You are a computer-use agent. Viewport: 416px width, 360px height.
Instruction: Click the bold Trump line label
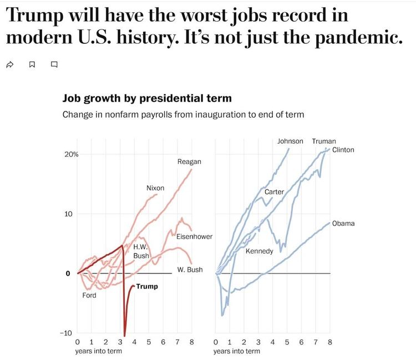point(147,286)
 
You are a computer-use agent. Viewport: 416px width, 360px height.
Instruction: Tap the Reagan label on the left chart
point(189,161)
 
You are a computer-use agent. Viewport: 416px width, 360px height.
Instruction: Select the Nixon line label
point(155,188)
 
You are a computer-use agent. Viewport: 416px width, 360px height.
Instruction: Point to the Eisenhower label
point(194,236)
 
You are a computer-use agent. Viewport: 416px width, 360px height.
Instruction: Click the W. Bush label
point(190,270)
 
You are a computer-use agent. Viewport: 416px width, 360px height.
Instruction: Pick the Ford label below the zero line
point(89,295)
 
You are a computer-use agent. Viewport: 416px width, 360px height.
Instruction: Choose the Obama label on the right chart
point(343,224)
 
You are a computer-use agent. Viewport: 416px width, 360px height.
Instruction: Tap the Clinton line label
point(343,150)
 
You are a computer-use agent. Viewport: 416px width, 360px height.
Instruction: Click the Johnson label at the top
point(290,141)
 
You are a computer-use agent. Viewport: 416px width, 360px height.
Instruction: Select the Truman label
point(324,141)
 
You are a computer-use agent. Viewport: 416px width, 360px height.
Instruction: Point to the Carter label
point(274,191)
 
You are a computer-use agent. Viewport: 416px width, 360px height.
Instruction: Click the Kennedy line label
point(260,251)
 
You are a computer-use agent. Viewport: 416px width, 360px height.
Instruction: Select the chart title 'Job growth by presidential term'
point(147,99)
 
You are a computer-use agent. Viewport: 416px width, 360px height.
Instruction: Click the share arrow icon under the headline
point(9,64)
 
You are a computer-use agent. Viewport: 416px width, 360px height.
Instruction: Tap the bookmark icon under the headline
point(32,64)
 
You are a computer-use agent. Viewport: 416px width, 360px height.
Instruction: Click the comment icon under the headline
point(54,64)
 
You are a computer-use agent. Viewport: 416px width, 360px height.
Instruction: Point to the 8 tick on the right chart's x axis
point(329,342)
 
